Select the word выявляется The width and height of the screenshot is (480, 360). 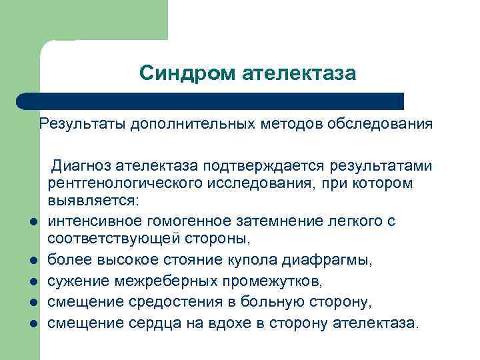90,200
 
